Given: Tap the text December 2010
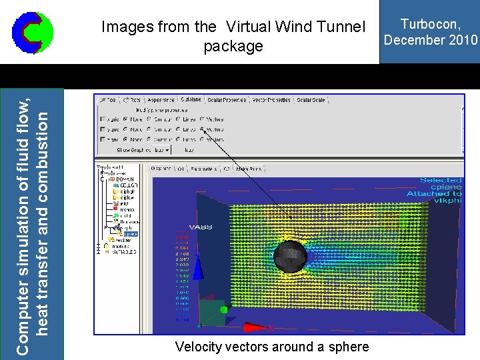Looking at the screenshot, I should (x=430, y=39).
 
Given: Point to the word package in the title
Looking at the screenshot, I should (x=233, y=47).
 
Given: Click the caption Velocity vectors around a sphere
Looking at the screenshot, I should (x=271, y=347).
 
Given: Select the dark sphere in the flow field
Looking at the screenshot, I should (x=291, y=256).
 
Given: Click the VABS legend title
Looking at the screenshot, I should (x=200, y=227).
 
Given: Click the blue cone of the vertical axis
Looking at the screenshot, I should (x=197, y=254).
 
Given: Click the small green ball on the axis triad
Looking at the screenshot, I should (x=224, y=309).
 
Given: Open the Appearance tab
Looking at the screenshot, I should (x=161, y=100).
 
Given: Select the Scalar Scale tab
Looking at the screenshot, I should (x=311, y=100).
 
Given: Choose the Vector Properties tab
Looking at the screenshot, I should (x=271, y=100).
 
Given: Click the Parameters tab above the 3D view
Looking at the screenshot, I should (x=204, y=169).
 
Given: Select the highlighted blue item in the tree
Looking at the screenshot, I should (x=130, y=234).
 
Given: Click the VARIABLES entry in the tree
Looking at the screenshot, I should (x=123, y=252).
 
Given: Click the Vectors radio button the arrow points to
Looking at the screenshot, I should (x=202, y=130).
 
